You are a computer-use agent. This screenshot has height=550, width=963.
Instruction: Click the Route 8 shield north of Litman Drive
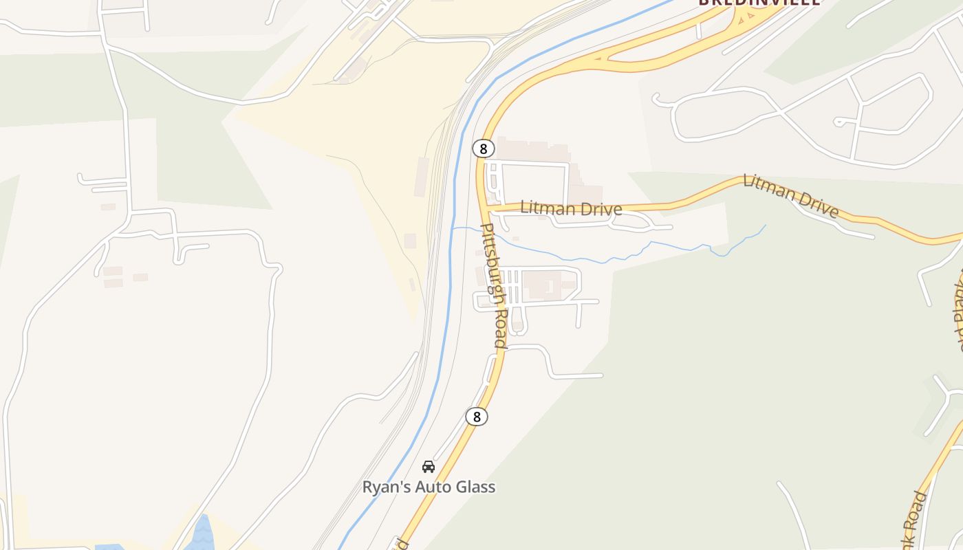click(x=484, y=148)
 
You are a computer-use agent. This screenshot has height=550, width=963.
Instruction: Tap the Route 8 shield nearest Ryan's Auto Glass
click(x=476, y=416)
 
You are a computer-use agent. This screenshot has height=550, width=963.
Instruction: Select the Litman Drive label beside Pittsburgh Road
click(x=571, y=208)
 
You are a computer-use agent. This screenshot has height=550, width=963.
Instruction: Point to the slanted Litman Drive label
click(x=790, y=195)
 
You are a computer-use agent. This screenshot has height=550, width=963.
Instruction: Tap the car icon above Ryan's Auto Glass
click(x=429, y=467)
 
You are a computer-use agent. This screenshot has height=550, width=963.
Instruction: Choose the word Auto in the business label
click(x=431, y=487)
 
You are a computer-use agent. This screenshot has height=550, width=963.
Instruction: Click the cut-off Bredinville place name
click(x=759, y=2)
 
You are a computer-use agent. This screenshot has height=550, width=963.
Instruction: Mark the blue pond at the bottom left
click(x=202, y=535)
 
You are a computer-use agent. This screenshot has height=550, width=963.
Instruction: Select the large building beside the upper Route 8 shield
click(x=533, y=149)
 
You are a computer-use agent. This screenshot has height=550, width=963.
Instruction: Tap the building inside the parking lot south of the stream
click(x=543, y=285)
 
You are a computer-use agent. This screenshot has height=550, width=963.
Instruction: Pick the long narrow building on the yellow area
click(x=422, y=177)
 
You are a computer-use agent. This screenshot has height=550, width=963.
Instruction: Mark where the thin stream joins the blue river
click(x=453, y=228)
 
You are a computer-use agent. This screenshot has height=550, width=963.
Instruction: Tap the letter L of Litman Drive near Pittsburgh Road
click(x=525, y=207)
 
